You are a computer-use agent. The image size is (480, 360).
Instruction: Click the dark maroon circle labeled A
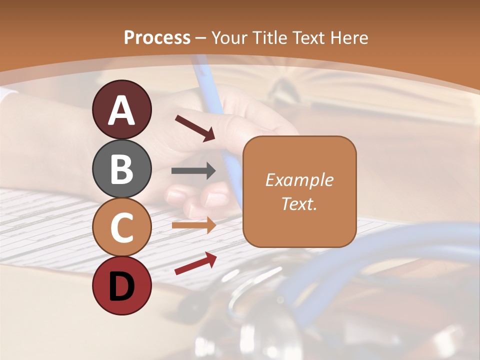[122, 109]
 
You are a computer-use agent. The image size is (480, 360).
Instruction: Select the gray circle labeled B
[122, 168]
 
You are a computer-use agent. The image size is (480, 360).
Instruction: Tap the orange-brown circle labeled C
[122, 227]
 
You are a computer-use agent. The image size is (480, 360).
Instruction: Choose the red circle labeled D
[122, 285]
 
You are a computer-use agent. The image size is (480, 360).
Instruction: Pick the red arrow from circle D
[195, 263]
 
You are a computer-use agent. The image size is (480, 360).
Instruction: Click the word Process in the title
[157, 37]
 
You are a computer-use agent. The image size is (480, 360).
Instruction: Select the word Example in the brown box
[299, 180]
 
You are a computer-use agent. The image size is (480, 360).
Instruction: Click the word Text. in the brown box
[299, 203]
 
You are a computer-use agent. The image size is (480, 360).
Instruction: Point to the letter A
[122, 110]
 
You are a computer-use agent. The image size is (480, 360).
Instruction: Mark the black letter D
[122, 286]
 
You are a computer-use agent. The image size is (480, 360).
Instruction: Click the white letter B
[122, 169]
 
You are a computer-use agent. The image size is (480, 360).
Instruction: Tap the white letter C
[122, 228]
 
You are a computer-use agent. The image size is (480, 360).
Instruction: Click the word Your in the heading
[229, 37]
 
